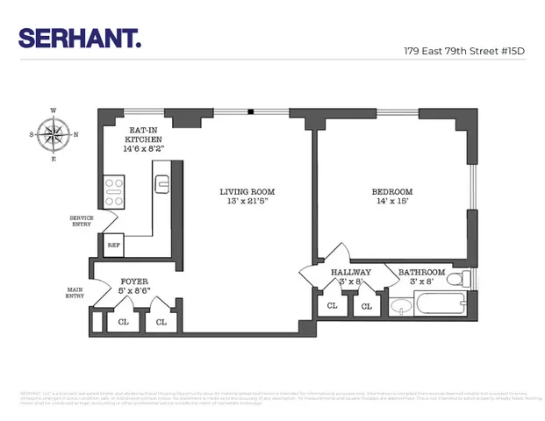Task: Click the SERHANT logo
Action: click(80, 39)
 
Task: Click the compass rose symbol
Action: click(54, 134)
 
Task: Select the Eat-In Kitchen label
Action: click(143, 139)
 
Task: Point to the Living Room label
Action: click(247, 196)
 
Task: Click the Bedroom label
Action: click(391, 196)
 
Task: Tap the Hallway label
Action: click(350, 277)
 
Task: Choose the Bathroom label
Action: click(421, 277)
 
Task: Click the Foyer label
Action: click(133, 287)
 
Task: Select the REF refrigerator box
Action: click(113, 245)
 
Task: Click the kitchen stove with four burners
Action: click(114, 192)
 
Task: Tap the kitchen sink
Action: click(161, 183)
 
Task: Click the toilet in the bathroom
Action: click(467, 279)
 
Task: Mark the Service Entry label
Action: click(81, 222)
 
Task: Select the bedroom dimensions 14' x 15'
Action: click(391, 203)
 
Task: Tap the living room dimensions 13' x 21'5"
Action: click(247, 203)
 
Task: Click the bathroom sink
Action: click(400, 307)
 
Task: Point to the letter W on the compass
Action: click(54, 111)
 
